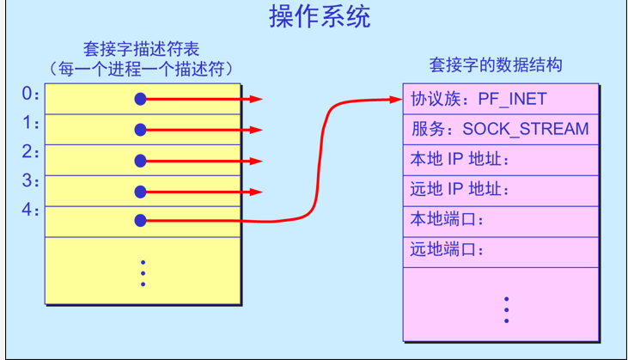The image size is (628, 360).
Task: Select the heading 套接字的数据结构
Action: point(496,65)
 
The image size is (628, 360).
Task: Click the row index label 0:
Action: point(31,94)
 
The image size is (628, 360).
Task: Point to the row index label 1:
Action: point(31,123)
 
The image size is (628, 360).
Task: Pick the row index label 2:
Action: point(31,152)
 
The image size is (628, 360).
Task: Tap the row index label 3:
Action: point(31,181)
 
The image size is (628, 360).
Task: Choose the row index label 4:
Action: point(31,210)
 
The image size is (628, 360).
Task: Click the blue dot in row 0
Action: point(141,100)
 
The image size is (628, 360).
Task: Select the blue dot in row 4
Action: point(141,221)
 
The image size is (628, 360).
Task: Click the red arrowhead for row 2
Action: point(255,161)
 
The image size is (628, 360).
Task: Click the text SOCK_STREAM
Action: point(526,130)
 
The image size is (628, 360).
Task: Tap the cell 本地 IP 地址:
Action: point(460,160)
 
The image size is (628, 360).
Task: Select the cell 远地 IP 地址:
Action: point(460,190)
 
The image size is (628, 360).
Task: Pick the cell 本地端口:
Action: point(448,220)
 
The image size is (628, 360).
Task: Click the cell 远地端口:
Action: point(448,250)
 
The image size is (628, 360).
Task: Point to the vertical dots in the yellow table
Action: point(143,273)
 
